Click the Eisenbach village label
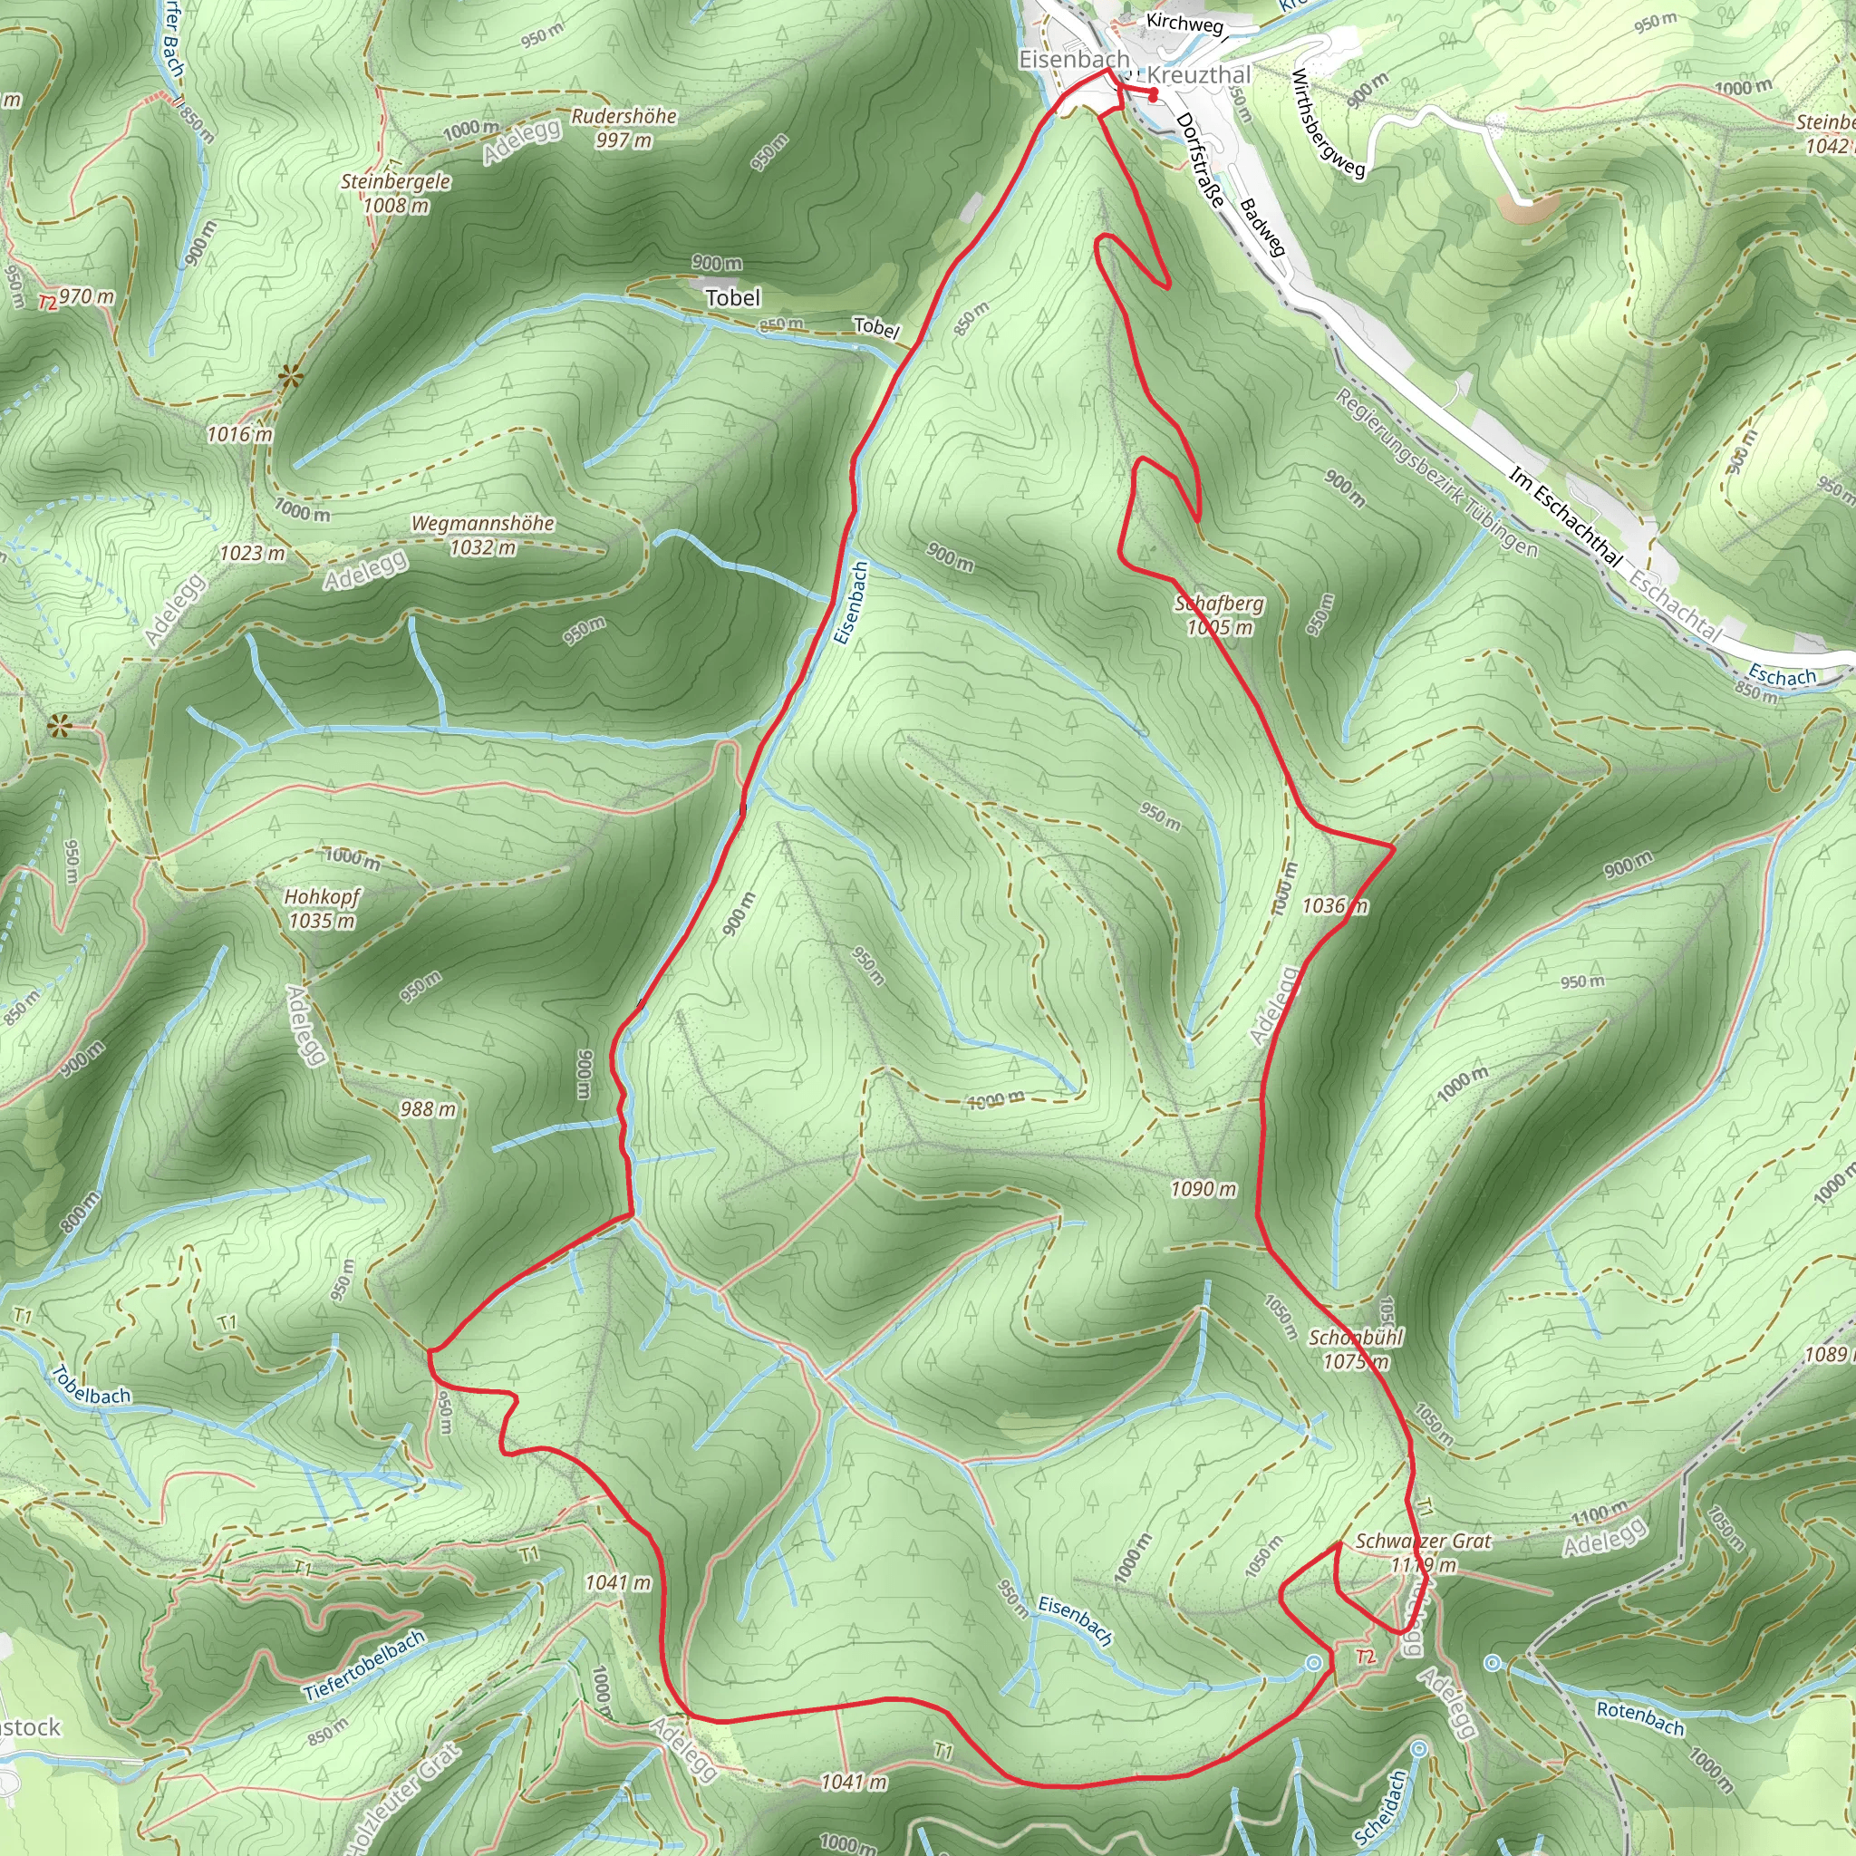[1073, 60]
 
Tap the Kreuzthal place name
[1199, 75]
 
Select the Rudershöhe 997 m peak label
[624, 128]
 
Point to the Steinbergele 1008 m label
[396, 192]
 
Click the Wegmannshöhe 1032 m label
[482, 535]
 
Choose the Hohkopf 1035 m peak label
[322, 908]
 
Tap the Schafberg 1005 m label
[1219, 614]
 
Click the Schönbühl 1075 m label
[1356, 1348]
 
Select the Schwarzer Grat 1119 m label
[1423, 1552]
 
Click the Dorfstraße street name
[1201, 159]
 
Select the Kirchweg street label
[1184, 23]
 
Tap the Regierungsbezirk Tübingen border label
[1436, 473]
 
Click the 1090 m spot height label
[1203, 1189]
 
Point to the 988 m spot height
[428, 1109]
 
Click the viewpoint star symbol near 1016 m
[288, 378]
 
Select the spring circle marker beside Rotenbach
[1492, 1663]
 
